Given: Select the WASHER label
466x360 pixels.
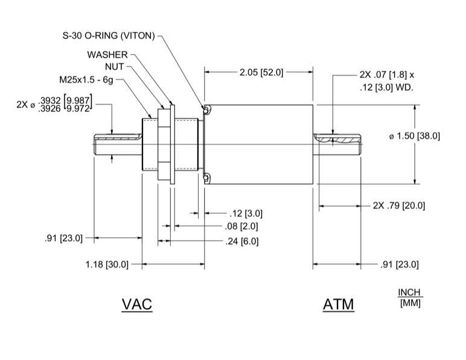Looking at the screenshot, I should click(x=107, y=54).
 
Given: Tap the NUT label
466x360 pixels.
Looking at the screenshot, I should click(x=114, y=66).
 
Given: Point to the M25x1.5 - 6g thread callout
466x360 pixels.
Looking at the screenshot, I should click(x=86, y=79).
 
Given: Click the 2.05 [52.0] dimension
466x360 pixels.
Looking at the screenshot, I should click(x=260, y=72).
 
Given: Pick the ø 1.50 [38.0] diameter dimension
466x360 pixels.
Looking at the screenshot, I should click(x=414, y=137).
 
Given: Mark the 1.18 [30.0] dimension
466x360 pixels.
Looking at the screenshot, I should click(x=108, y=265).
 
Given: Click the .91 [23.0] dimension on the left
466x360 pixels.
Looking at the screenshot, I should click(x=63, y=238).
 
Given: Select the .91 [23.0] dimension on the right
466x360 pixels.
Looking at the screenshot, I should click(x=399, y=265).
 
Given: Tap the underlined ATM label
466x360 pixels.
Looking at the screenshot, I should click(x=338, y=304).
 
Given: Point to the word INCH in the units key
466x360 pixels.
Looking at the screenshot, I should click(x=409, y=292).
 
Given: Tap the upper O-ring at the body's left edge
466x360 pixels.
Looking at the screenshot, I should click(x=207, y=109).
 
